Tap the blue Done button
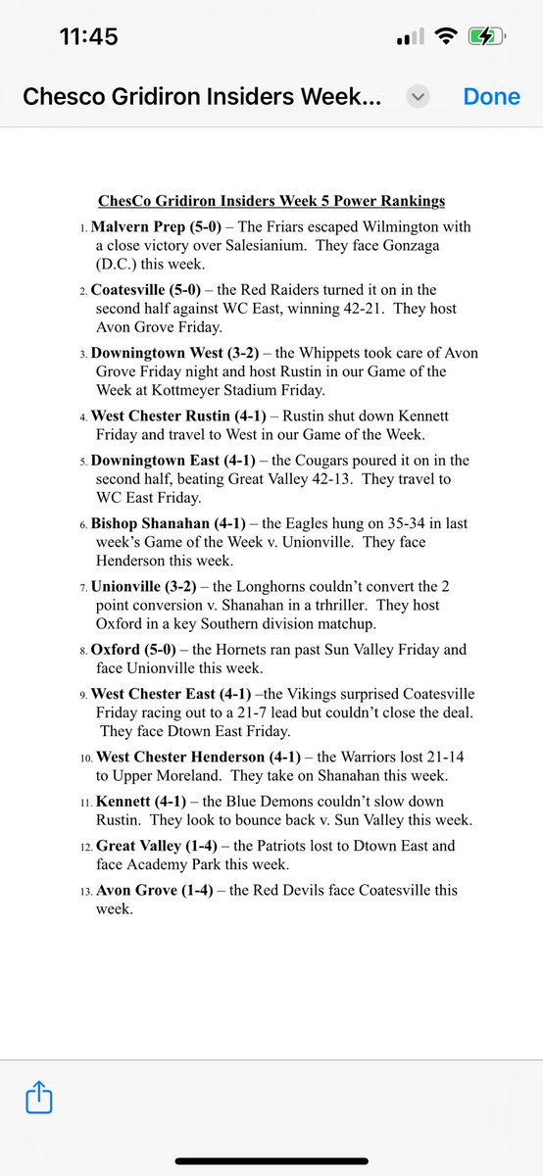click(491, 97)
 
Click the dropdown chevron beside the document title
click(419, 97)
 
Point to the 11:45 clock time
click(89, 37)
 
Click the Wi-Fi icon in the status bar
click(447, 37)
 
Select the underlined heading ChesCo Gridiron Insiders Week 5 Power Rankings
click(271, 201)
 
